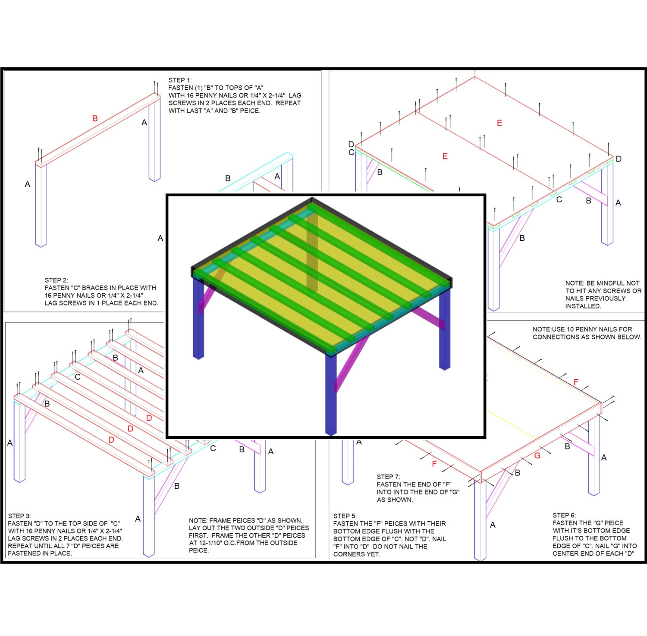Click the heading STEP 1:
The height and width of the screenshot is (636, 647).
pyautogui.click(x=180, y=80)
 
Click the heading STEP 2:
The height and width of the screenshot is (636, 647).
pyautogui.click(x=56, y=280)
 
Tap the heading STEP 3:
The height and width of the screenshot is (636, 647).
pyautogui.click(x=19, y=516)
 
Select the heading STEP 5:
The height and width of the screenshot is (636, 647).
pyautogui.click(x=345, y=516)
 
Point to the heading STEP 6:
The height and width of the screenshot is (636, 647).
pyautogui.click(x=564, y=515)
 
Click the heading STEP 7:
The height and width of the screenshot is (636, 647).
pyautogui.click(x=388, y=477)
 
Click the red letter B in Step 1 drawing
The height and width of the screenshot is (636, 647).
pyautogui.click(x=94, y=118)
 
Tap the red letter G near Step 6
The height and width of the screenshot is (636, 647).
pyautogui.click(x=537, y=456)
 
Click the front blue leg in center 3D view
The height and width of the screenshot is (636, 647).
pyautogui.click(x=331, y=393)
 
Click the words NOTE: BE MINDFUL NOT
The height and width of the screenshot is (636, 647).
pyautogui.click(x=602, y=283)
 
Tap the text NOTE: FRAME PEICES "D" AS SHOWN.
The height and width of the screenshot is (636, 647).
pyautogui.click(x=245, y=520)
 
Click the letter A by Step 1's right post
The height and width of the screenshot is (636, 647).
pyautogui.click(x=144, y=123)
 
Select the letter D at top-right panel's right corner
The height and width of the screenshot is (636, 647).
pyautogui.click(x=619, y=159)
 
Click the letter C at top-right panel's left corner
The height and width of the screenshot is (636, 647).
pyautogui.click(x=351, y=152)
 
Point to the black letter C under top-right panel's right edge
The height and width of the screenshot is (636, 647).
pyautogui.click(x=559, y=199)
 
